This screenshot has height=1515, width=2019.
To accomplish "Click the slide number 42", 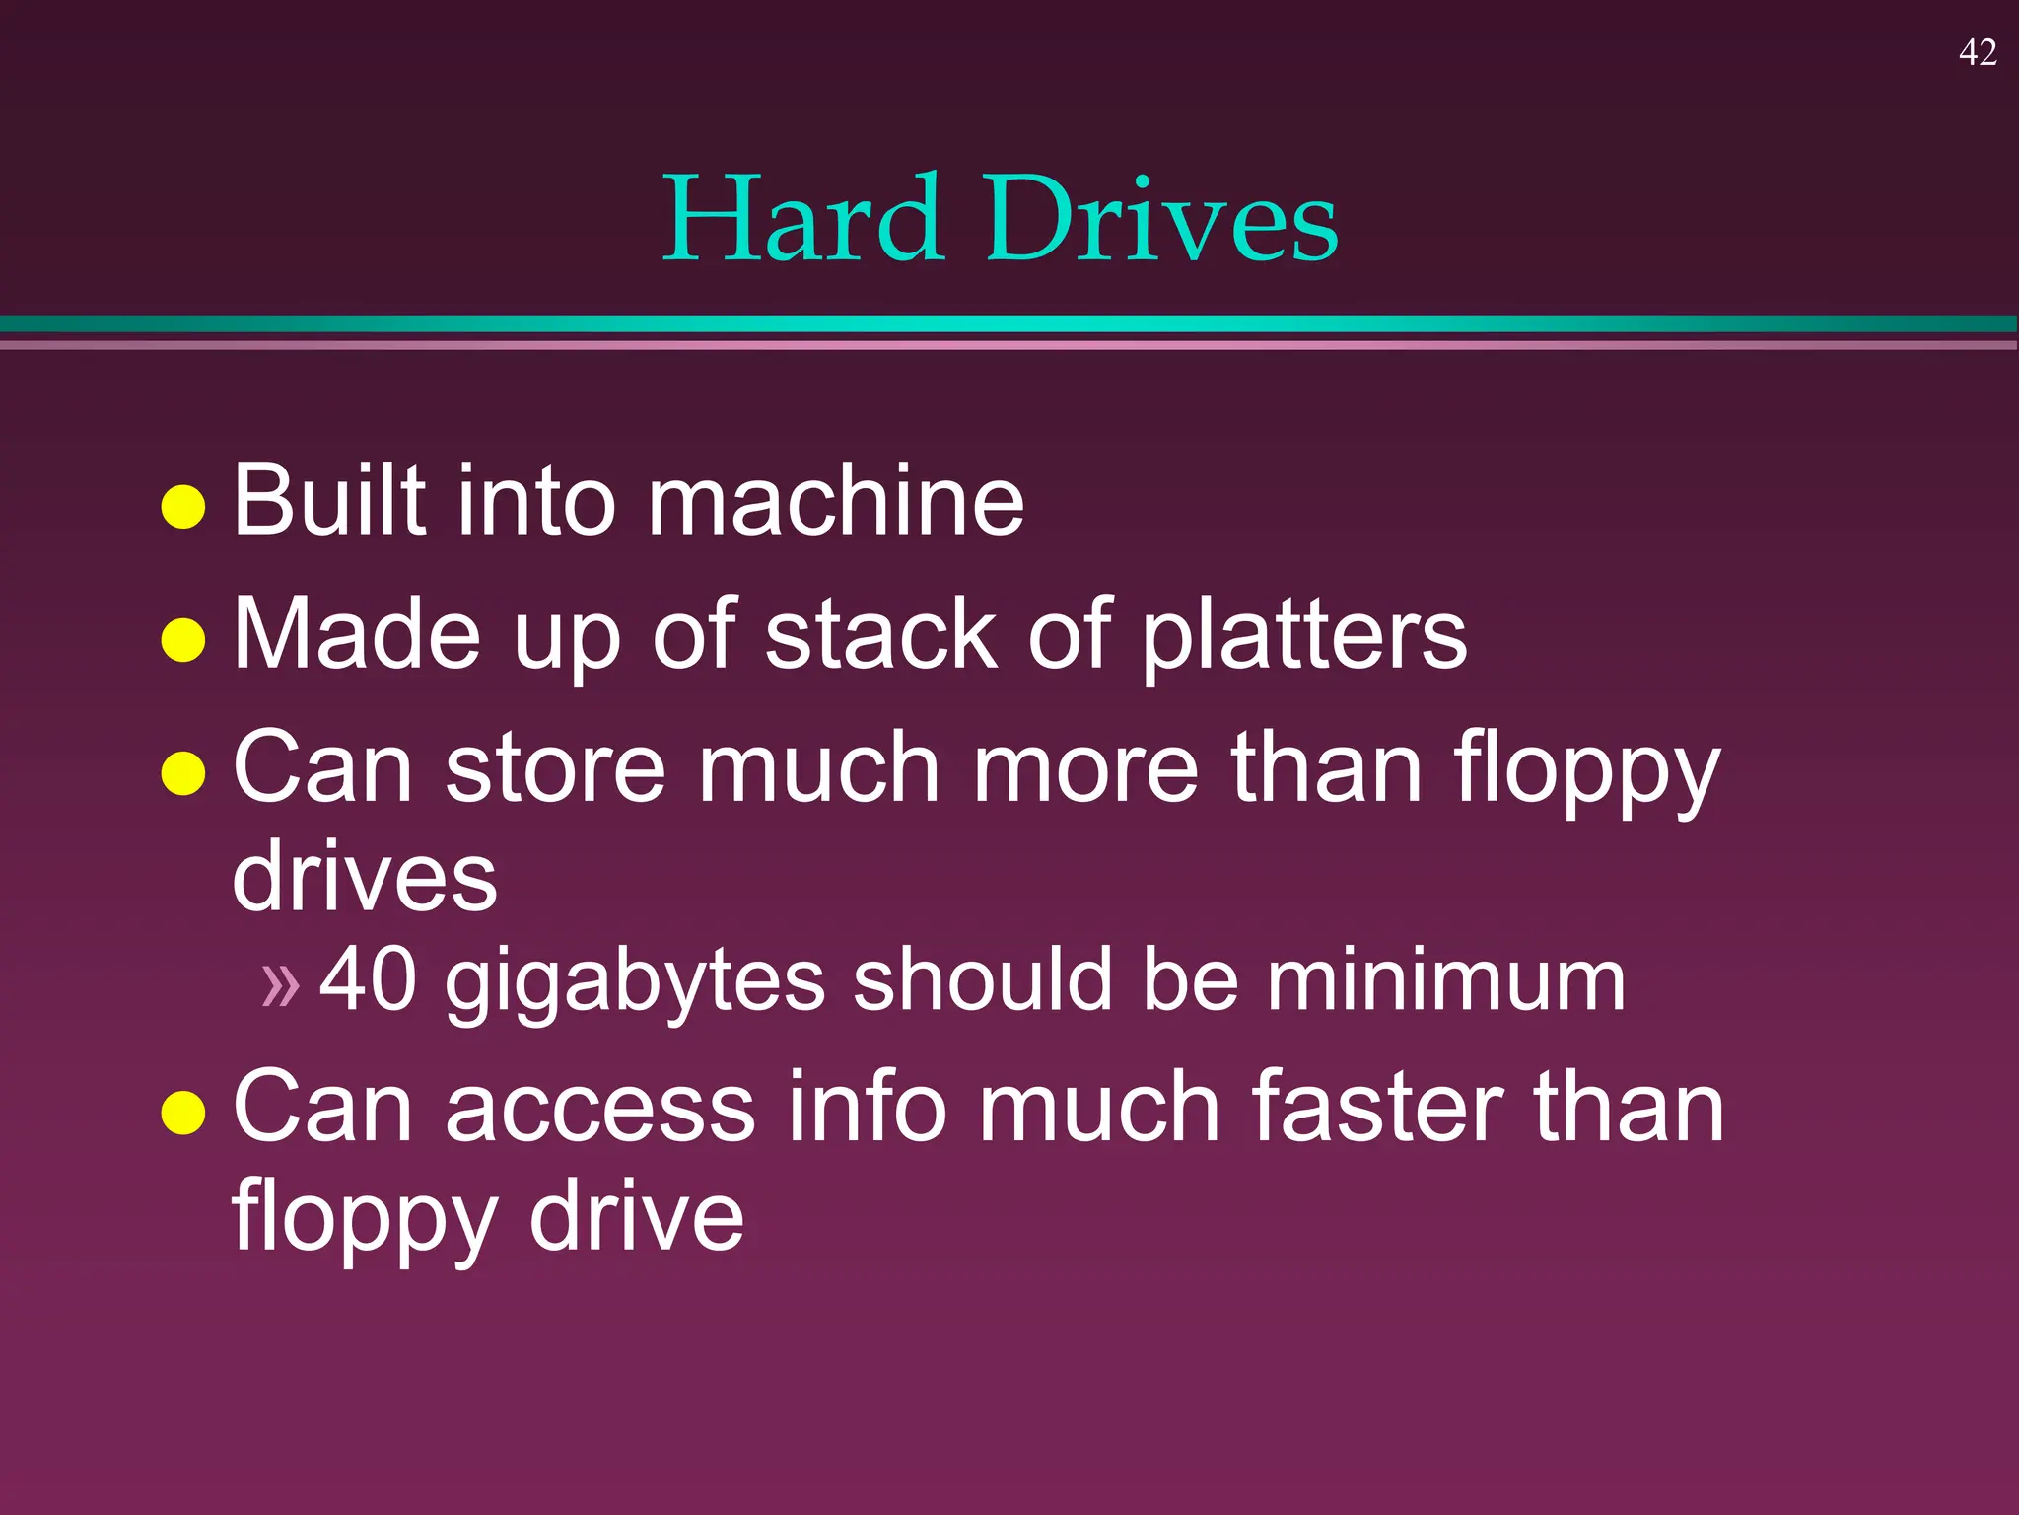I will (1978, 52).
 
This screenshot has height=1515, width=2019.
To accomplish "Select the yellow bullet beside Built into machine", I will (183, 507).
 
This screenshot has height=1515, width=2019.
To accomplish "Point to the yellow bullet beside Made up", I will (183, 639).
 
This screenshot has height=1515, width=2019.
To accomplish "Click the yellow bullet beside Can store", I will (183, 772).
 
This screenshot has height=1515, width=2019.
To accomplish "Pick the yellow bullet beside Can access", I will (183, 1112).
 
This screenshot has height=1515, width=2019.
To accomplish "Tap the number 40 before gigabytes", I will (368, 979).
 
